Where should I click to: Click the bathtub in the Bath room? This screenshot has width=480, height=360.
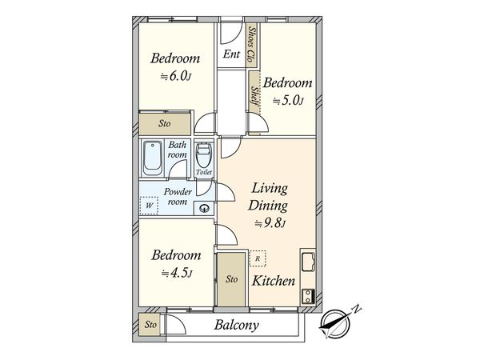click(x=153, y=158)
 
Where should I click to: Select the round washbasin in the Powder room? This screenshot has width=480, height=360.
click(x=204, y=209)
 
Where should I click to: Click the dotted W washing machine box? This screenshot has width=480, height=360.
click(x=149, y=206)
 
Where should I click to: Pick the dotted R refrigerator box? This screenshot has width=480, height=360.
click(x=258, y=258)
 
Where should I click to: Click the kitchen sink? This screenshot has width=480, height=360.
click(x=308, y=261)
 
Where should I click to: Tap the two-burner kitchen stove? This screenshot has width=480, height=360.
click(x=308, y=296)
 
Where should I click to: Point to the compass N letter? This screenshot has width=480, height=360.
click(x=356, y=309)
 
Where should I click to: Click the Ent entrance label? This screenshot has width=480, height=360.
click(x=231, y=54)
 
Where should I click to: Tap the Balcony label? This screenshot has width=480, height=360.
click(x=237, y=325)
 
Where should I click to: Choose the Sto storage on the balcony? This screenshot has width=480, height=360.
click(x=150, y=324)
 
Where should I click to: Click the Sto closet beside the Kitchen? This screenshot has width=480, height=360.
click(x=232, y=279)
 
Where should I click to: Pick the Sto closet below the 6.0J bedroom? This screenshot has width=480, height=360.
click(x=165, y=124)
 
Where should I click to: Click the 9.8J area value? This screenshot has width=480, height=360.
click(x=270, y=224)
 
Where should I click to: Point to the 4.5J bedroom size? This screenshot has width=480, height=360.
click(x=177, y=273)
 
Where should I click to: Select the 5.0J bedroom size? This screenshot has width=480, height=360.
click(x=288, y=101)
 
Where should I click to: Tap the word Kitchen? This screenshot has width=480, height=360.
click(x=274, y=281)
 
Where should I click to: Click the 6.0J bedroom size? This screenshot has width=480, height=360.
click(x=176, y=76)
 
